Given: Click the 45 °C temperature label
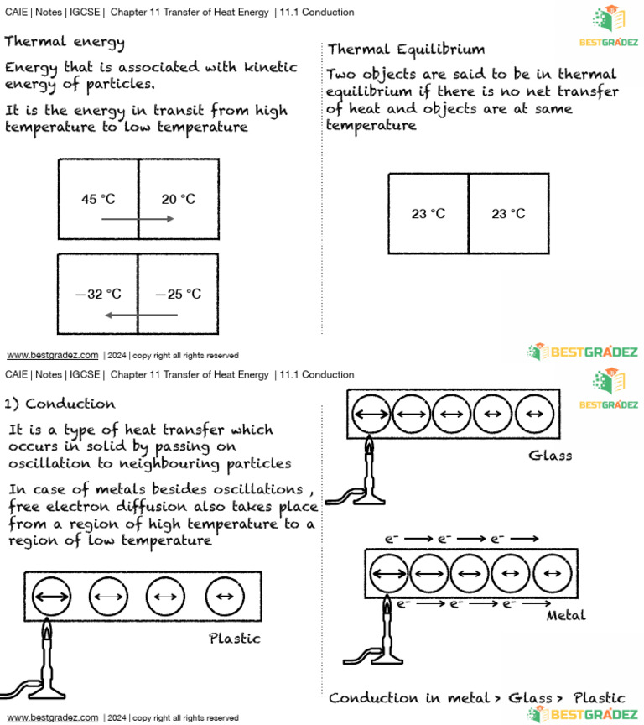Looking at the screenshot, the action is click(x=98, y=200).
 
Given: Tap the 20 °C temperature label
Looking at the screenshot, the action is click(x=178, y=200).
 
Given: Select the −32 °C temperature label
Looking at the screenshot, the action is click(x=98, y=295).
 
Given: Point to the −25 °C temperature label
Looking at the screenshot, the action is click(x=178, y=295).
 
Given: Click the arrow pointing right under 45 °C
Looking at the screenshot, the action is click(x=138, y=219).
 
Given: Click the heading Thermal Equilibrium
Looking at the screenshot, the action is click(x=406, y=50).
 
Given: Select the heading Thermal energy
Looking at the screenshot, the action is click(x=65, y=42).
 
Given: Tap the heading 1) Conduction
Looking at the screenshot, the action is click(x=60, y=404).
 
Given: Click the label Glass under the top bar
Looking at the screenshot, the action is click(x=550, y=456).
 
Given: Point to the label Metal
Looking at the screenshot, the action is click(x=566, y=616).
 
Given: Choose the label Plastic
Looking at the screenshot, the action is click(x=235, y=639).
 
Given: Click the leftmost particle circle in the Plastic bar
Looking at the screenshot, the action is click(x=52, y=597).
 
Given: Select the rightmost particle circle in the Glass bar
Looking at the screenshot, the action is click(x=535, y=414).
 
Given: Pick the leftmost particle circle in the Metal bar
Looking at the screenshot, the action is click(x=388, y=573).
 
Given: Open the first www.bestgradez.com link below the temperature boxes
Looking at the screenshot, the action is click(x=52, y=355).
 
